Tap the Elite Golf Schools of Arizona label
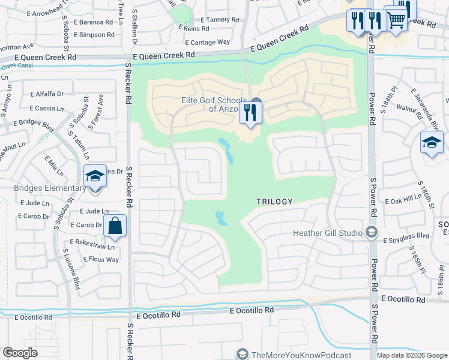tap(215, 105)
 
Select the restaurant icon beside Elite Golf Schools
tap(250, 113)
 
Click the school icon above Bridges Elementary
tap(95, 176)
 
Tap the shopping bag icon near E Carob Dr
tap(115, 227)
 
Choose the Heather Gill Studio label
tap(327, 233)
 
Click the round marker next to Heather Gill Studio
tap(372, 233)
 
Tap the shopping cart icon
tap(396, 20)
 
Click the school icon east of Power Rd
tap(432, 143)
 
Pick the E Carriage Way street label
tap(208, 43)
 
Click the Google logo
tap(20, 353)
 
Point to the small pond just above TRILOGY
tap(227, 152)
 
